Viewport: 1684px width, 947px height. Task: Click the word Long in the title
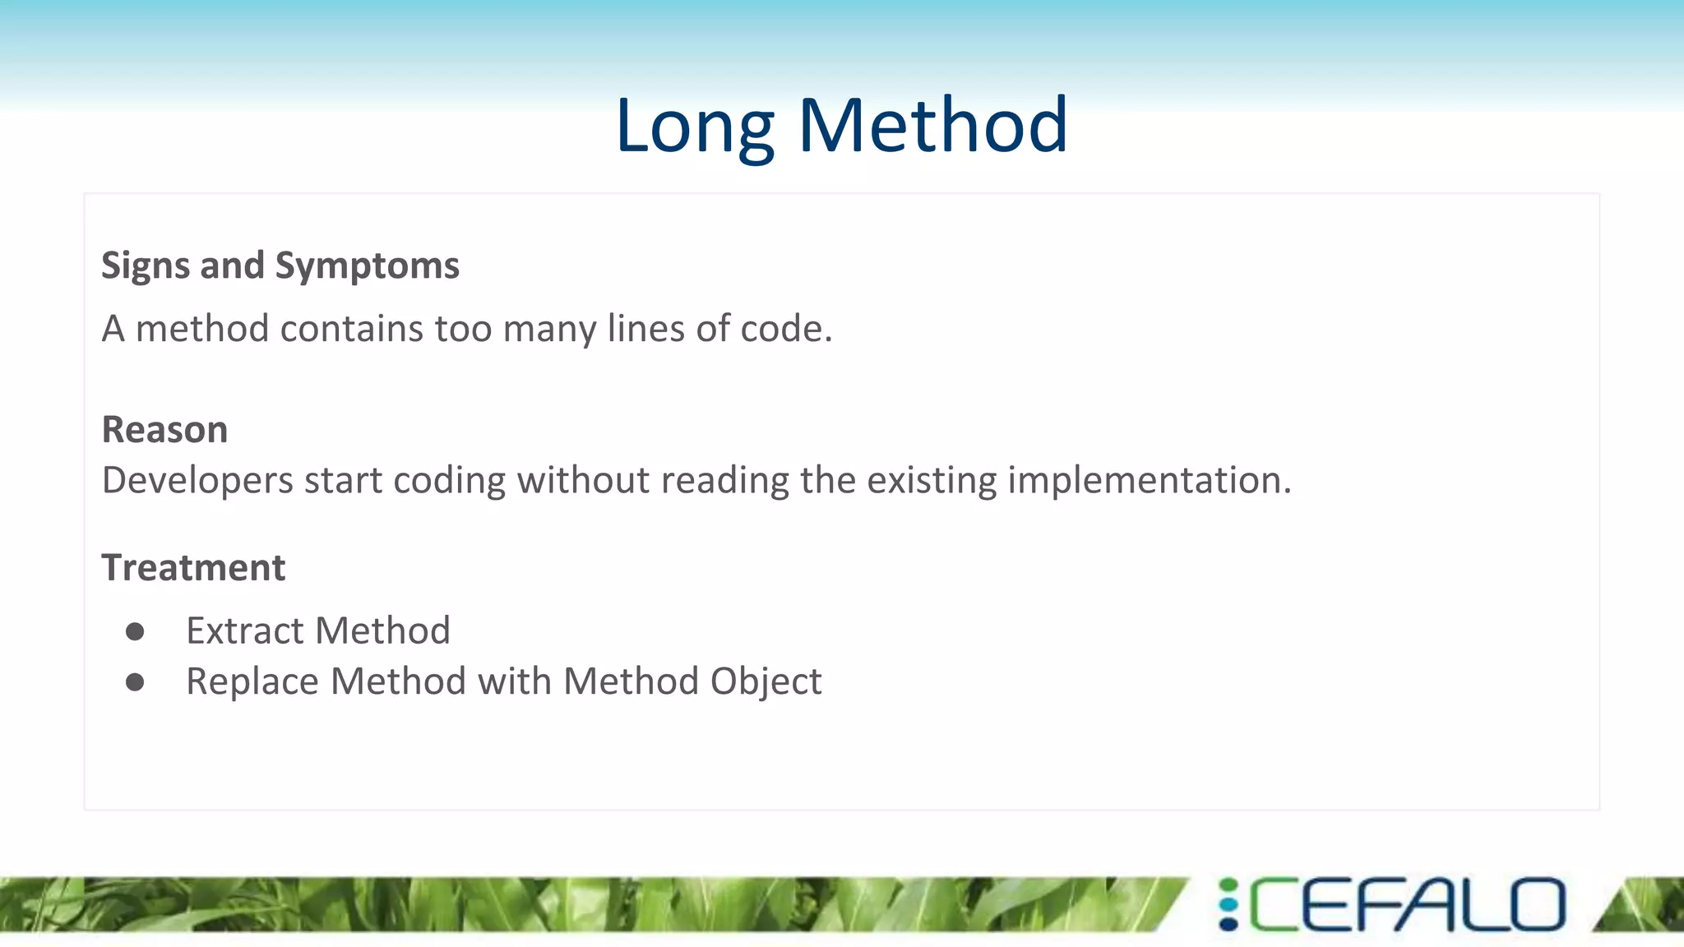(695, 127)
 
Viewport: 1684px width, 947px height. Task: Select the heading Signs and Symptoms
(280, 266)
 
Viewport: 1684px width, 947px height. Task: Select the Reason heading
(164, 430)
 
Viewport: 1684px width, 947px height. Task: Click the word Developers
(197, 481)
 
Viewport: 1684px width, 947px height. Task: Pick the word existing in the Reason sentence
(931, 481)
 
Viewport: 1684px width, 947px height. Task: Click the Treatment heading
(193, 568)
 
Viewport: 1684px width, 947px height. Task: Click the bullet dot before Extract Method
(135, 631)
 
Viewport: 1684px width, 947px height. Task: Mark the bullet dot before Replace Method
(135, 682)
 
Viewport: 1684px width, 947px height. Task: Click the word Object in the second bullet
(766, 682)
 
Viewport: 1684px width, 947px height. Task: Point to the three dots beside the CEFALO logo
(1228, 905)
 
